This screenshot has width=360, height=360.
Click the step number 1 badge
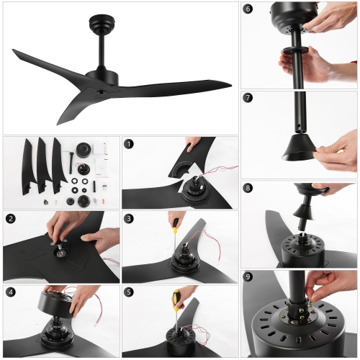[130, 144]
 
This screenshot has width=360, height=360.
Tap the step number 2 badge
[11, 218]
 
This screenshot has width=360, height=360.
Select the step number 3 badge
[130, 218]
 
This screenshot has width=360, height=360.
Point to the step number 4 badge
[11, 292]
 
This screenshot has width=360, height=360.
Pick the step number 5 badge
[130, 292]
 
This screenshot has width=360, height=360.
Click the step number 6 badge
[248, 9]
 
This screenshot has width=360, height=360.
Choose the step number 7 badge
[248, 98]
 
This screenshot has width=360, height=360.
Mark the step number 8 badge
[248, 189]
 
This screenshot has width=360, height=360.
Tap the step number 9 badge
[248, 276]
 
